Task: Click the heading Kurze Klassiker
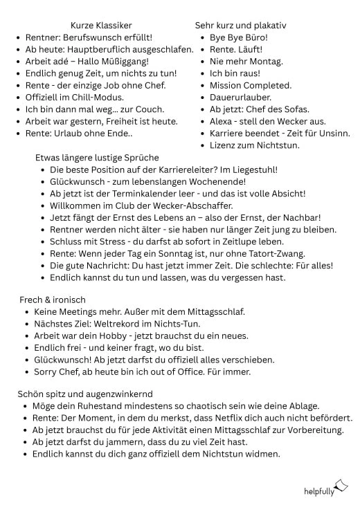[x=101, y=26]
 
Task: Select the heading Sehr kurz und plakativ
[x=241, y=26]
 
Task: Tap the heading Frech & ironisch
[x=53, y=299]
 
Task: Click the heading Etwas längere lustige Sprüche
[x=97, y=158]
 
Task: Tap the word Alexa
[x=222, y=121]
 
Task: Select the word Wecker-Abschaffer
[x=190, y=205]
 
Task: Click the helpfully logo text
[x=318, y=491]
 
